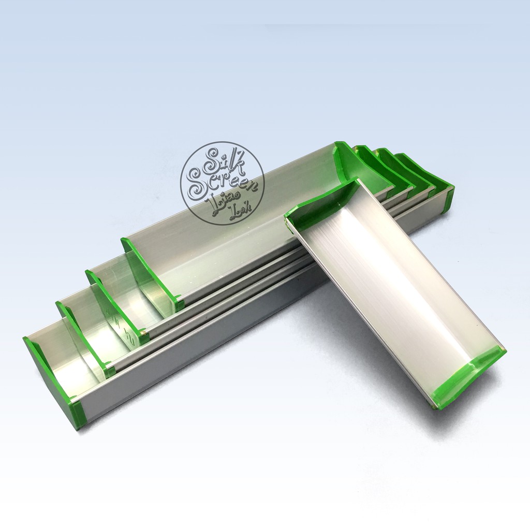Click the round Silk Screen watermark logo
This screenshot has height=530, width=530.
[222, 183]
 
